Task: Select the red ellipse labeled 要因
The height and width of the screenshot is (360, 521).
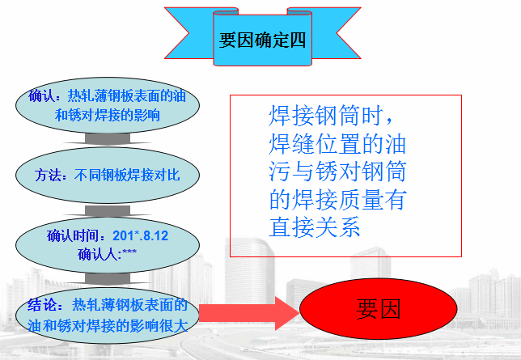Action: pyautogui.click(x=378, y=310)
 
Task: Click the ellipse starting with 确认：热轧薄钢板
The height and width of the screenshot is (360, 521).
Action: pyautogui.click(x=107, y=104)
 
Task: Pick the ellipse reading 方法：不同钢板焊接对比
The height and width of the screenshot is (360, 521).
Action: pyautogui.click(x=107, y=175)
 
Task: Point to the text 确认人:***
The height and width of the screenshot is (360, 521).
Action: pyautogui.click(x=107, y=254)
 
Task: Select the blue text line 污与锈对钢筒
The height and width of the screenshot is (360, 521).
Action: pyautogui.click(x=337, y=172)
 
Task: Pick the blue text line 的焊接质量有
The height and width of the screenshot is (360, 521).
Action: pyautogui.click(x=337, y=199)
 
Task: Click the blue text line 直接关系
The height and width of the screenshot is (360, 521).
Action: pyautogui.click(x=313, y=226)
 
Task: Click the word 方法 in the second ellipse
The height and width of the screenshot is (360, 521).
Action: pyautogui.click(x=49, y=175)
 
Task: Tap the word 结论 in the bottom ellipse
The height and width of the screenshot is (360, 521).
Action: pyautogui.click(x=43, y=306)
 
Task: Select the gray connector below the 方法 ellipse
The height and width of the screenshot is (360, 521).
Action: pyautogui.click(x=107, y=209)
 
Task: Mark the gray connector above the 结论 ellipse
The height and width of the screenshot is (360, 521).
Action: pyautogui.click(x=107, y=279)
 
